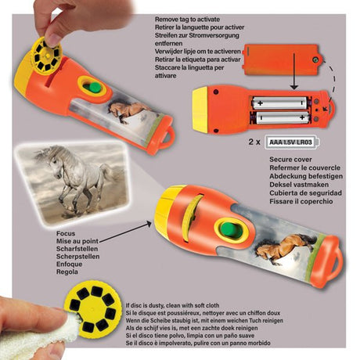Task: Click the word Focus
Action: click(x=66, y=233)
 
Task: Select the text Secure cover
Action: click(x=290, y=160)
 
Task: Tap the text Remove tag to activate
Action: click(x=187, y=20)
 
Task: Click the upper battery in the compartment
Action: click(x=279, y=103)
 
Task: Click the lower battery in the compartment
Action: click(x=281, y=117)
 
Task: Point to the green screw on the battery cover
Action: click(x=315, y=60)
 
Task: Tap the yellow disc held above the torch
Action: click(x=46, y=56)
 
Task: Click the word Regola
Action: click(x=67, y=272)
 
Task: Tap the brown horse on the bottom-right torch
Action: click(x=283, y=248)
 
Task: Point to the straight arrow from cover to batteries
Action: click(x=294, y=71)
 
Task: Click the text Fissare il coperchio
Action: click(x=301, y=201)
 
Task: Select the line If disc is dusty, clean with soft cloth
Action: click(x=172, y=305)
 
